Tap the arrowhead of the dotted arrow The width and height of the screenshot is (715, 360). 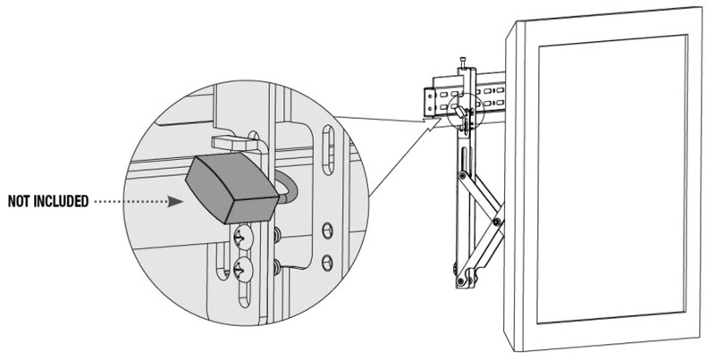[x=175, y=201]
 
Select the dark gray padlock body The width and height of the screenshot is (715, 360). [x=231, y=188]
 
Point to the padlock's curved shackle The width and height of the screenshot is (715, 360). [x=286, y=188]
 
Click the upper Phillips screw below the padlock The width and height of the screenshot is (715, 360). [x=242, y=237]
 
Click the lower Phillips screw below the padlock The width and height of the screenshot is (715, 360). [x=242, y=270]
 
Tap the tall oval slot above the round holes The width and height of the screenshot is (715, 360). [x=329, y=150]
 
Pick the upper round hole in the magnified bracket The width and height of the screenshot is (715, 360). [x=327, y=230]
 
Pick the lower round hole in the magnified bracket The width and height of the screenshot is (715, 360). [x=327, y=263]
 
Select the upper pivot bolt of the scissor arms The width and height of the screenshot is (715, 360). [x=462, y=175]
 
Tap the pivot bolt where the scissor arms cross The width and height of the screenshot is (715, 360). [x=497, y=222]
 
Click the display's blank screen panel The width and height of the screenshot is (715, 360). [x=612, y=179]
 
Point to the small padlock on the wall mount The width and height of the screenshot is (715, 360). [x=461, y=112]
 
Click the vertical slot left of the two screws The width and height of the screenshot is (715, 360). [x=222, y=261]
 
